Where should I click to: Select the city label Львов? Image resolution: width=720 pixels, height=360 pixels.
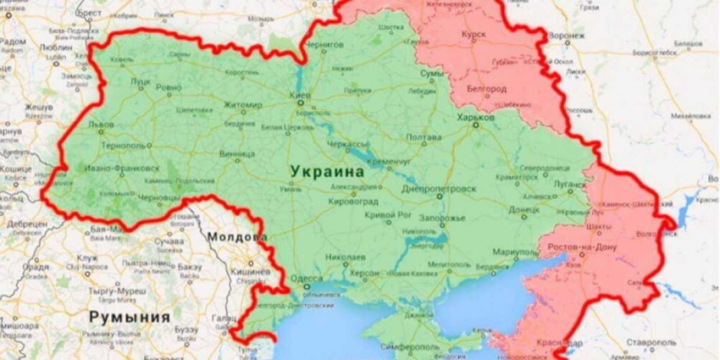[101, 124]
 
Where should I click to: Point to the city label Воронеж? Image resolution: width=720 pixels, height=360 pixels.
[565, 36]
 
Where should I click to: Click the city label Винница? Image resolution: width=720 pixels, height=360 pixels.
[236, 154]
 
